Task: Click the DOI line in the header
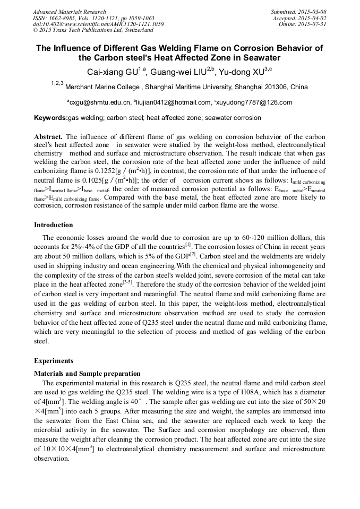tap(98, 24)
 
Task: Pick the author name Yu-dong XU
tap(247, 72)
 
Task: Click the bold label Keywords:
tap(51, 118)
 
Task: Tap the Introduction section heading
tap(53, 225)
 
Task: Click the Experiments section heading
tap(54, 360)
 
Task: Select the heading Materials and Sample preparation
tap(87, 373)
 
